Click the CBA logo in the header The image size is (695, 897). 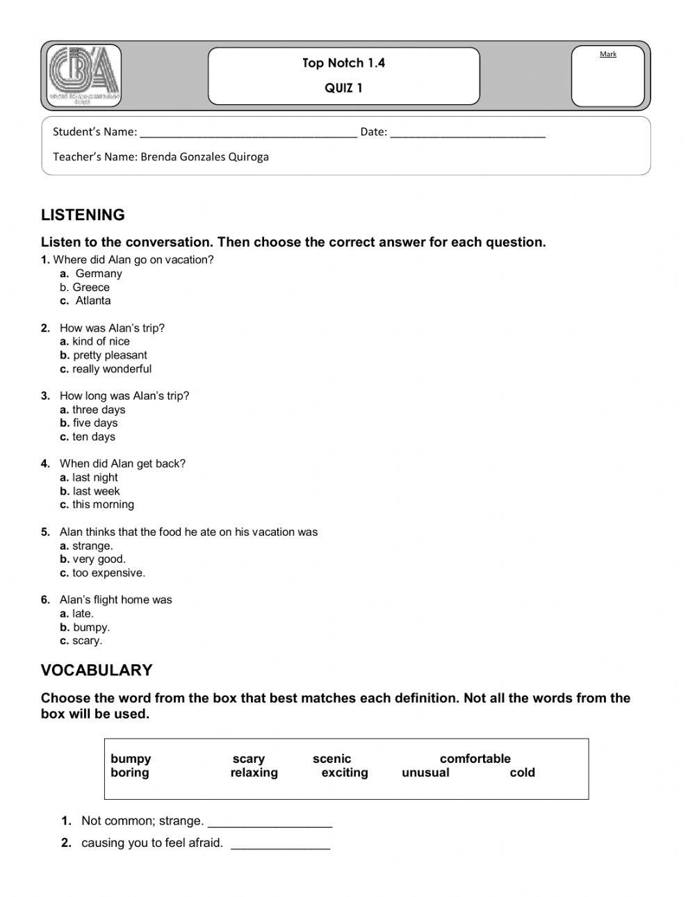click(83, 75)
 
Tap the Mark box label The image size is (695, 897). click(607, 54)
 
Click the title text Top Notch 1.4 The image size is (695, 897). click(343, 63)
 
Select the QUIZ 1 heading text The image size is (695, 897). click(343, 88)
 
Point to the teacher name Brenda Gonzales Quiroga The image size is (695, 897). click(204, 157)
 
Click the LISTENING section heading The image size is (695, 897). click(83, 215)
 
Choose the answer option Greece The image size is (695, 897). click(90, 288)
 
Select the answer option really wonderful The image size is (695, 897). click(111, 369)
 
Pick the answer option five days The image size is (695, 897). click(95, 423)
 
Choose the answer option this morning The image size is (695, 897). click(103, 504)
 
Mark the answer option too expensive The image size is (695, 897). click(108, 573)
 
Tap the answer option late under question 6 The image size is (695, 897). click(82, 614)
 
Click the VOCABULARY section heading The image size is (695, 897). click(97, 670)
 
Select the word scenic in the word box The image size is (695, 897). click(332, 759)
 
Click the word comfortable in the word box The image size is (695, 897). click(475, 759)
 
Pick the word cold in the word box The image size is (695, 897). click(522, 773)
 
